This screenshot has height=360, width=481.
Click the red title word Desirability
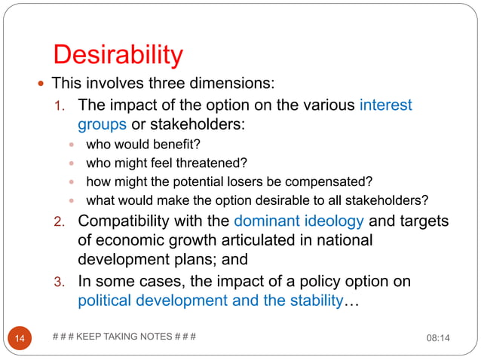tap(118, 54)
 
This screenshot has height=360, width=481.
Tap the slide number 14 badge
tap(20, 338)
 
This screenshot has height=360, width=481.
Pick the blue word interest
tap(385, 105)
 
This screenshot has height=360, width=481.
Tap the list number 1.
tap(64, 105)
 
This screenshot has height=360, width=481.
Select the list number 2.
tap(64, 221)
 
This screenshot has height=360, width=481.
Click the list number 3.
tap(64, 282)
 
